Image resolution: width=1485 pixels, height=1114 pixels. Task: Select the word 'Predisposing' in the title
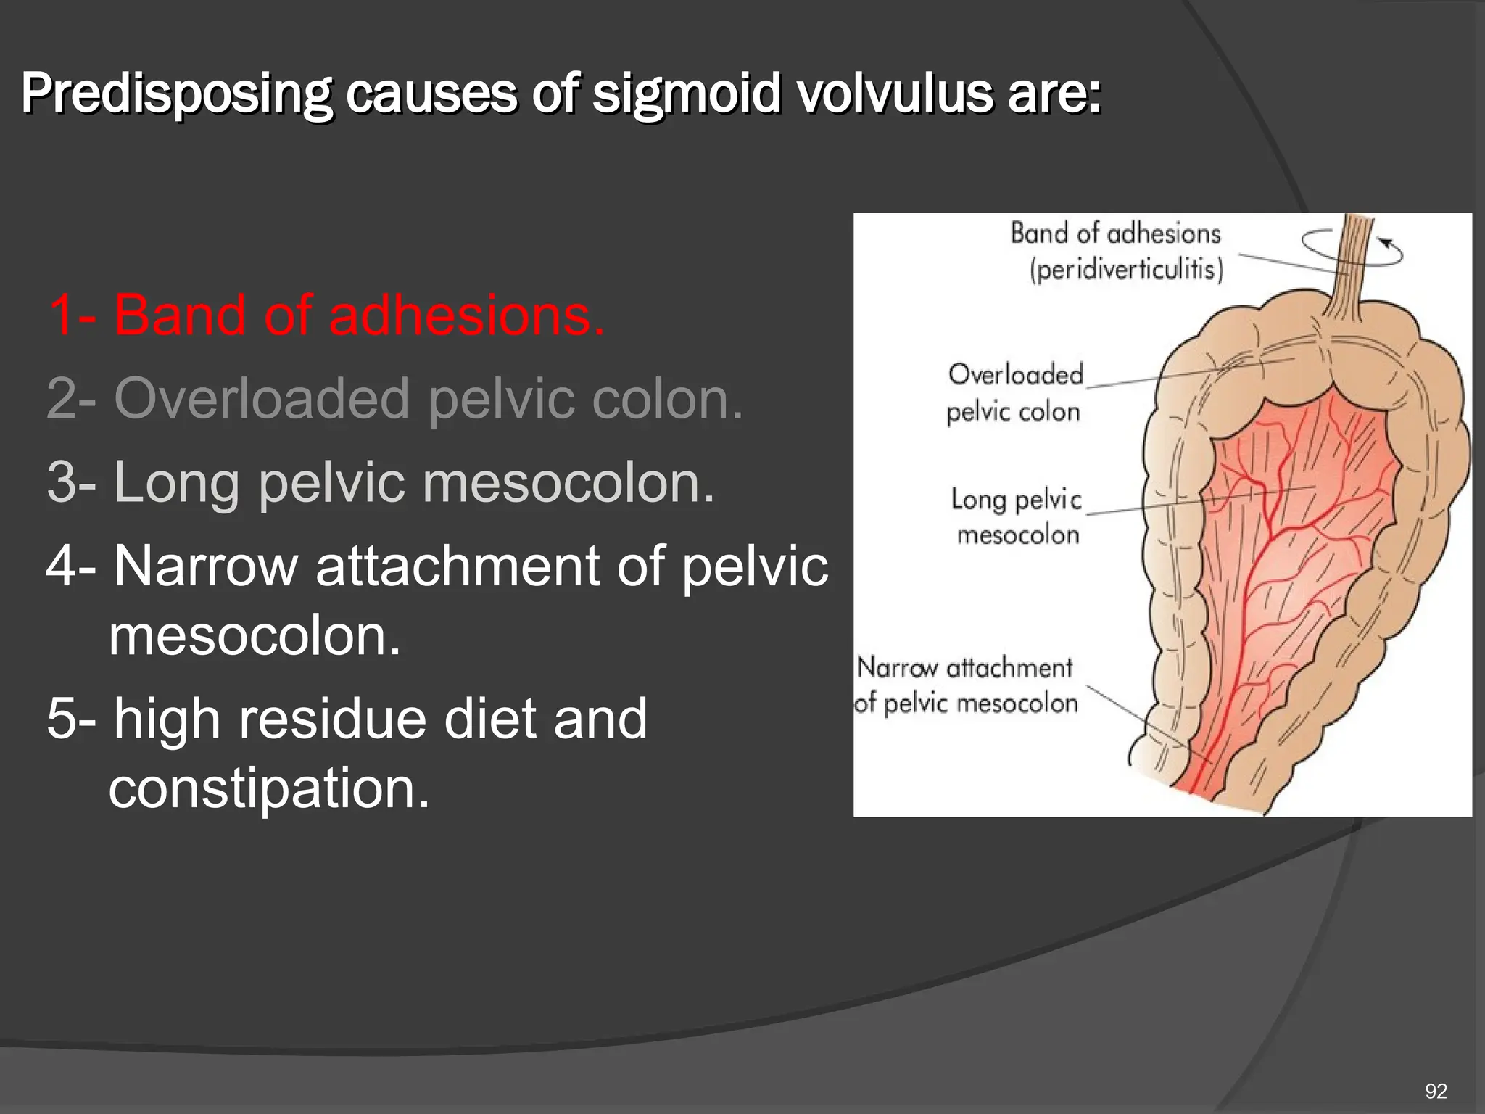coord(176,94)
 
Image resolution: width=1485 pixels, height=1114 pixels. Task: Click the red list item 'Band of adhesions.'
coord(326,315)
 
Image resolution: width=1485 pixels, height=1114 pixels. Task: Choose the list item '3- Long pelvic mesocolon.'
coord(381,482)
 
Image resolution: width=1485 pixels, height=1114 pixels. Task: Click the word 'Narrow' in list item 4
coord(206,566)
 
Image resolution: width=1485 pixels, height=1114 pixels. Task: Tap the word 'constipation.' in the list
coord(269,788)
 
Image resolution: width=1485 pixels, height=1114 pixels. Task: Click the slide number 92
coord(1436,1091)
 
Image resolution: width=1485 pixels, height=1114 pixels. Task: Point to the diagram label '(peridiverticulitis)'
coord(1127,270)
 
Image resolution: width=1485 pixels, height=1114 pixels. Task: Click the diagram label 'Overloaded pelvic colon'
coord(1014,393)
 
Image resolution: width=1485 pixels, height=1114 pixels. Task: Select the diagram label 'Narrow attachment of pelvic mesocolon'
coord(965,685)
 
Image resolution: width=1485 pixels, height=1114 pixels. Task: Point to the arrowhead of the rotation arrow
coord(1386,242)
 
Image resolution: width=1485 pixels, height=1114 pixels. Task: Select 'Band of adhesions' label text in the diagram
coord(1115,234)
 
